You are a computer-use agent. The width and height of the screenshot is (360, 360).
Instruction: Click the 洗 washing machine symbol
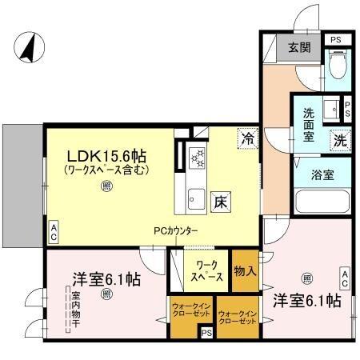point(339,138)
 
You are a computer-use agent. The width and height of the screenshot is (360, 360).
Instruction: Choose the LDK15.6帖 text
point(109,154)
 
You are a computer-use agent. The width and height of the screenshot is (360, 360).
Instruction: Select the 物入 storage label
point(244,270)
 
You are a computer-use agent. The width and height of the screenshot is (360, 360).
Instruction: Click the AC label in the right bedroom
point(345,278)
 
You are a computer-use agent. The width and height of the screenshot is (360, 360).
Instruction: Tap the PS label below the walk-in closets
point(206,333)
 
